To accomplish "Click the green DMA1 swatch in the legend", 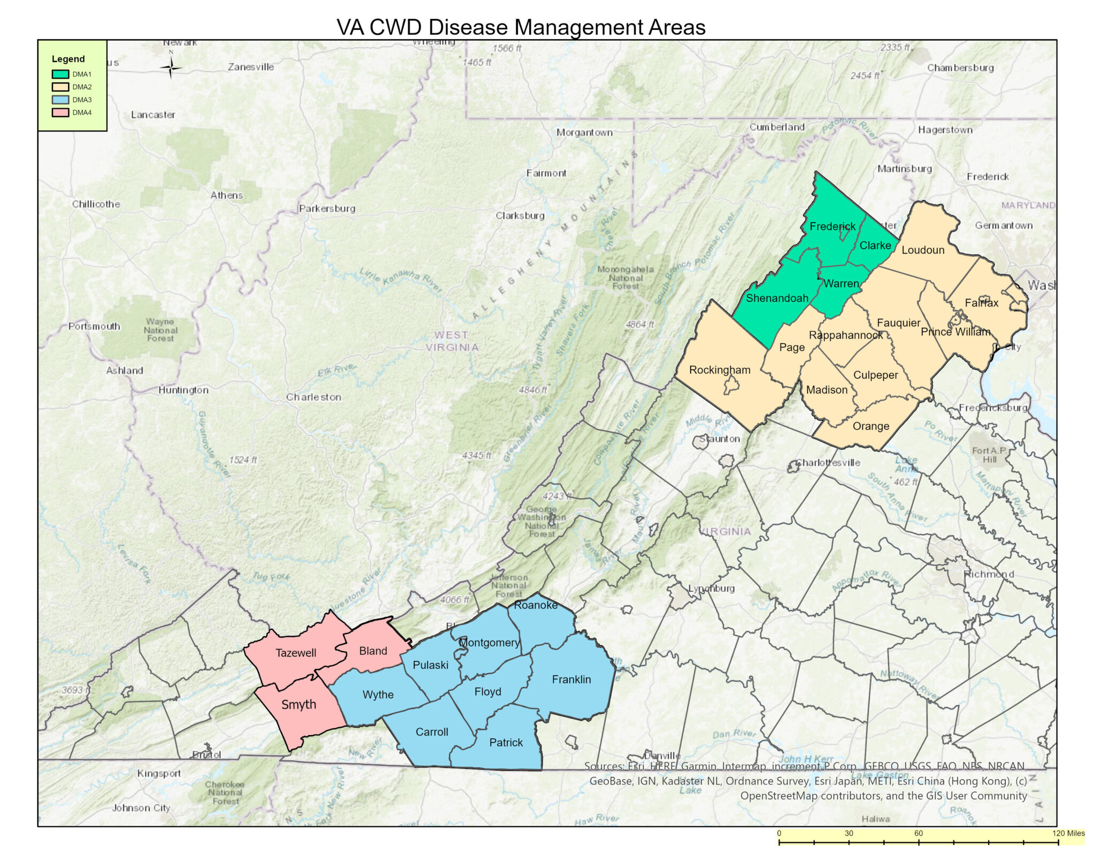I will click(x=60, y=74).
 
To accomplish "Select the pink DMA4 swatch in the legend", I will click(x=60, y=113).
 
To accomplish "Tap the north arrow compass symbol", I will click(x=171, y=67).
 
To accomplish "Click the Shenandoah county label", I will click(x=777, y=299).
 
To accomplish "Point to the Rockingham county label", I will click(x=720, y=370).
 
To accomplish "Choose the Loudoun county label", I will click(x=923, y=250).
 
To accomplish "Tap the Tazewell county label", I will click(x=296, y=653).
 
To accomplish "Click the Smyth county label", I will click(x=299, y=705).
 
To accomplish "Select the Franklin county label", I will click(x=571, y=680).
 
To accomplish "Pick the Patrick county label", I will click(x=506, y=743).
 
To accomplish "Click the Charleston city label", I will click(x=313, y=398).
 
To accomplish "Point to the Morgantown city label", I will click(x=584, y=133).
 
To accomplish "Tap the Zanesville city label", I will click(x=251, y=67).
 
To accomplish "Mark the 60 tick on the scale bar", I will click(x=918, y=833).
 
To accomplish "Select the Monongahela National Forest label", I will click(x=625, y=278).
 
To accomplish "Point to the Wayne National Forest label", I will click(x=160, y=330).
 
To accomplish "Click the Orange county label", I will click(x=871, y=426).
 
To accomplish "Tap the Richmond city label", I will click(x=988, y=574).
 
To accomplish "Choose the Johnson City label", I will click(x=141, y=808).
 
